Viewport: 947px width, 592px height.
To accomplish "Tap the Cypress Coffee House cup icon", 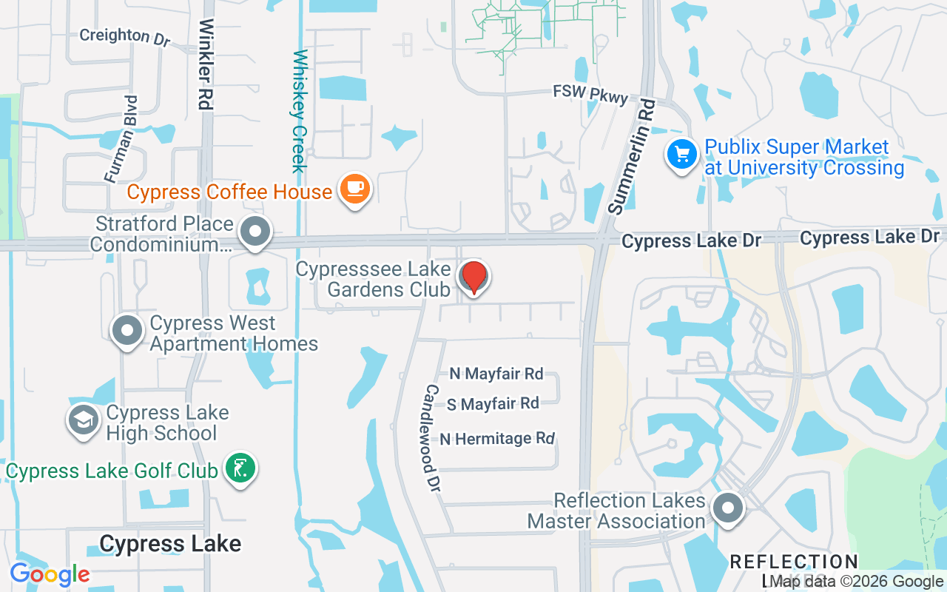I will tap(354, 188).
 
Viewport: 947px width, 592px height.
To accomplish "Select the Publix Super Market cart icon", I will tap(681, 155).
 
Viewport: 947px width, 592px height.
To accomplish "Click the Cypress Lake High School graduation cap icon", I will tap(84, 420).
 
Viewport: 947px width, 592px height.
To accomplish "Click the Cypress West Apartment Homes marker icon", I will tap(127, 330).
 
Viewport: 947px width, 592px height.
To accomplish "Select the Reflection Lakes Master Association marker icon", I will tap(728, 508).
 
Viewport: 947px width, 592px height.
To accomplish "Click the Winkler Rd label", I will tap(206, 65).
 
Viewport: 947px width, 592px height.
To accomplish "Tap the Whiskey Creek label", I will tap(300, 111).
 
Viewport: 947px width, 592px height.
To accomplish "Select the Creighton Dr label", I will tap(124, 36).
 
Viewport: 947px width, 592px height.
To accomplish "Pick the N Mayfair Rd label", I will tap(496, 374).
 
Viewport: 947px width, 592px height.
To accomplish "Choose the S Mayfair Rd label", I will tap(493, 403).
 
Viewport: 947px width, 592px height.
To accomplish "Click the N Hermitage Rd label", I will tap(497, 439).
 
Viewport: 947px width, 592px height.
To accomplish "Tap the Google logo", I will tap(50, 573).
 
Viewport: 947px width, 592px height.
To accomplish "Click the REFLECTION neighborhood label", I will tap(793, 562).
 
